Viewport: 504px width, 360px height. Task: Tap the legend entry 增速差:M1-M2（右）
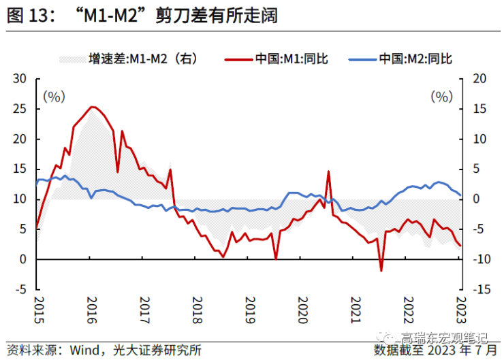(143, 59)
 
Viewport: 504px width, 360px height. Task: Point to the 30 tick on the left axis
(20, 79)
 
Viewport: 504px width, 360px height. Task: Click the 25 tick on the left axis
(20, 109)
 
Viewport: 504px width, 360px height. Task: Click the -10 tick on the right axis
(482, 259)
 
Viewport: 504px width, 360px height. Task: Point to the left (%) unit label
(54, 97)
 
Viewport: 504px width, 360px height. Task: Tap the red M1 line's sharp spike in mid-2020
(328, 171)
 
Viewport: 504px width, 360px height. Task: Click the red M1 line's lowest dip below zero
(381, 270)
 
